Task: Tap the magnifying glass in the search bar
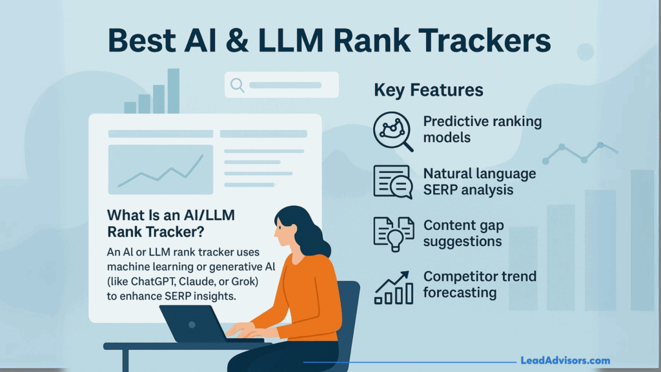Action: [237, 85]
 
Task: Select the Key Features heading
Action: [429, 90]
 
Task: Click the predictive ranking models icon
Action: [392, 130]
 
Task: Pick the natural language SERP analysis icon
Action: [392, 181]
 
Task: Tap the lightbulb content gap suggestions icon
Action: [392, 233]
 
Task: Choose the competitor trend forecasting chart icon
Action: [392, 286]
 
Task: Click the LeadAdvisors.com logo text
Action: [565, 361]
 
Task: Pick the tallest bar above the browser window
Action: [173, 90]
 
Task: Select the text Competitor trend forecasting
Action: [480, 284]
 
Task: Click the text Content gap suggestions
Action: [462, 233]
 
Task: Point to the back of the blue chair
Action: [349, 310]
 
